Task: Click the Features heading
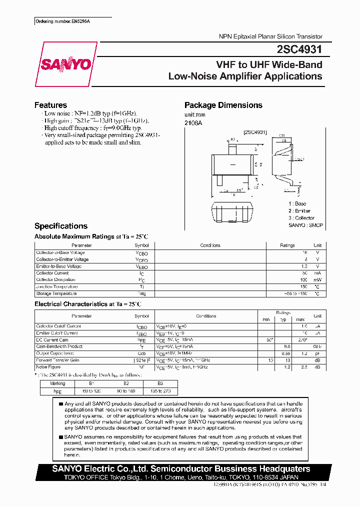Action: click(x=50, y=105)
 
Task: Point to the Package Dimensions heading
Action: click(x=223, y=105)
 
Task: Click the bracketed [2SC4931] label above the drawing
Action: click(x=255, y=132)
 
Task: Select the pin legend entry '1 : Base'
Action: click(x=297, y=203)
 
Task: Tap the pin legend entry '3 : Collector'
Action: click(x=301, y=218)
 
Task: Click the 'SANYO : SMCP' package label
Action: click(x=305, y=225)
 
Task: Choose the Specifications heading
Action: click(x=60, y=226)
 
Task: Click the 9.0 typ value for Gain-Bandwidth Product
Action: click(x=287, y=346)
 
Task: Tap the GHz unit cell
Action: click(x=317, y=346)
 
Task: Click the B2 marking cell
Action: click(x=125, y=384)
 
